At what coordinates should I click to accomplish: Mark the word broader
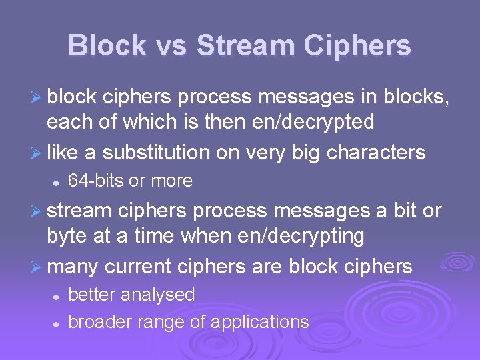point(100,322)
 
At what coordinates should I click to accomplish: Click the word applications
point(259,323)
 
